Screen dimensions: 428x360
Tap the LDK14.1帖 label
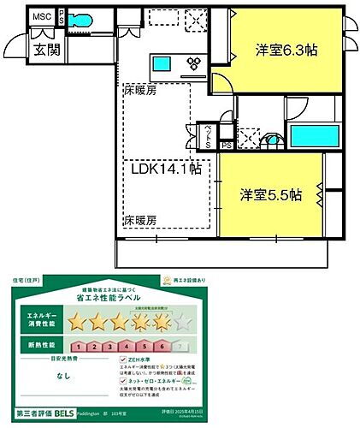pyautogui.click(x=166, y=170)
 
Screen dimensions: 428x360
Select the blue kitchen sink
pyautogui.click(x=162, y=62)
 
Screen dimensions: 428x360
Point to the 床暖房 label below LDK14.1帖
pyautogui.click(x=139, y=220)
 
